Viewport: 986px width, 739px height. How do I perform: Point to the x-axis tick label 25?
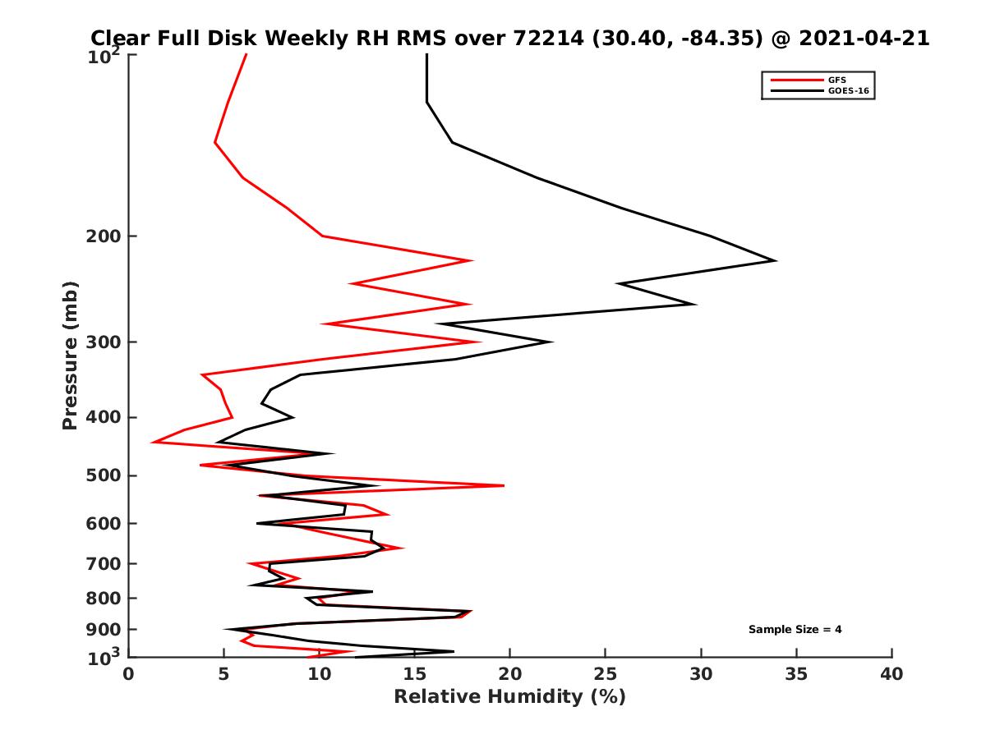(606, 674)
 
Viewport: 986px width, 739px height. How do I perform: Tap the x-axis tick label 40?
(892, 674)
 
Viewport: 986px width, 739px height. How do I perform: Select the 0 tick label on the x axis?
(128, 674)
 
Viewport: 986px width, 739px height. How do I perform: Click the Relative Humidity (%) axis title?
(509, 697)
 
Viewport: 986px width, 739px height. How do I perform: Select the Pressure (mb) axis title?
(70, 355)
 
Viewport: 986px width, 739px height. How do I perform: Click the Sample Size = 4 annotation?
(795, 630)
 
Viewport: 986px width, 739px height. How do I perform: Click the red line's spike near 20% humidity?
(503, 485)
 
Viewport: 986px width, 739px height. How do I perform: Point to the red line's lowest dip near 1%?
(153, 443)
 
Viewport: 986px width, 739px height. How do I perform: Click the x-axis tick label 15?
(414, 674)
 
